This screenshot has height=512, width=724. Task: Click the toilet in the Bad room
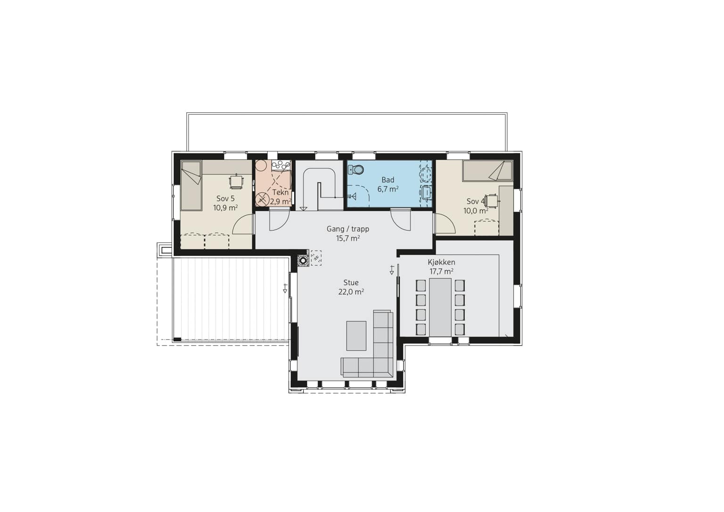point(356,170)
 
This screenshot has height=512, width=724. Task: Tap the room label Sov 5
point(226,198)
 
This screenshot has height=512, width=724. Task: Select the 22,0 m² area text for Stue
point(351,292)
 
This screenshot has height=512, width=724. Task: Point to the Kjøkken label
point(442,262)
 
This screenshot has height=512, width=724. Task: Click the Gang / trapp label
point(348,229)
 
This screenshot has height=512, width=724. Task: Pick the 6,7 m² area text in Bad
point(388,189)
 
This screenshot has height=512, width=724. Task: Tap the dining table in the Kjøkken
point(440,307)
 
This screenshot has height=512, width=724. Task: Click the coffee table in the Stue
point(356,336)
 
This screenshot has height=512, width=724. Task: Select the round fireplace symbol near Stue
point(303,260)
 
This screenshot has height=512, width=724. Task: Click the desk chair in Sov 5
point(236,182)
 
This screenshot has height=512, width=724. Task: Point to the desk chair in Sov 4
point(492,201)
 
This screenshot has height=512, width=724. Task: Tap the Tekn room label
point(280,192)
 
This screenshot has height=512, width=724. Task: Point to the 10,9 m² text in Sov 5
point(226,207)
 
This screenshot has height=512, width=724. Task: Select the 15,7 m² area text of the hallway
point(348,239)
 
